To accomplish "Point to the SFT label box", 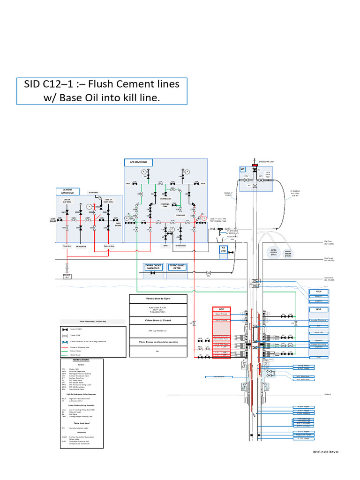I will tap(243, 169).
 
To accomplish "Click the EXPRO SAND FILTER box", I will tap(177, 267).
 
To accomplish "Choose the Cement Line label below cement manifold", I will tap(109, 246).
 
